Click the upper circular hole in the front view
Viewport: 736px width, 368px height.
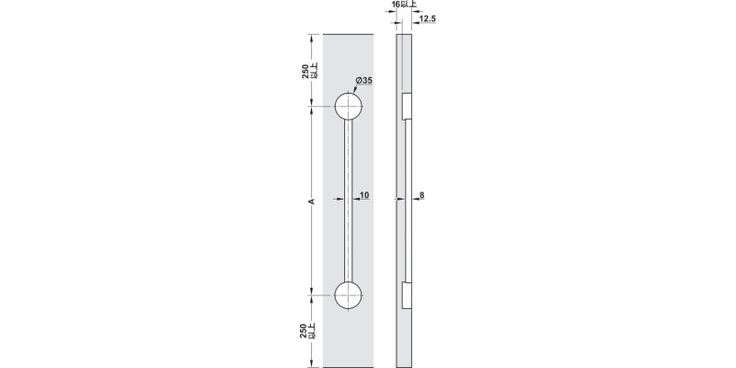(x=348, y=107)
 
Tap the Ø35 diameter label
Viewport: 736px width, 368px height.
(x=363, y=81)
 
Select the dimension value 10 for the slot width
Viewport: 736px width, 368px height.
(x=365, y=195)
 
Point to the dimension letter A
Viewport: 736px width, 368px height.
(x=312, y=201)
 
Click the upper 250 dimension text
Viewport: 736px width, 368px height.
(x=305, y=73)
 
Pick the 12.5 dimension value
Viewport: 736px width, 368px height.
(x=428, y=18)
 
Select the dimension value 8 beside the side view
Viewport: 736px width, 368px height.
(x=421, y=195)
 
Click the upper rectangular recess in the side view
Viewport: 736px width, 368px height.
(x=405, y=107)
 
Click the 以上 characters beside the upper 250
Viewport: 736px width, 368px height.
(x=315, y=73)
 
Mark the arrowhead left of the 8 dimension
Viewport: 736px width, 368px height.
(x=410, y=196)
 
